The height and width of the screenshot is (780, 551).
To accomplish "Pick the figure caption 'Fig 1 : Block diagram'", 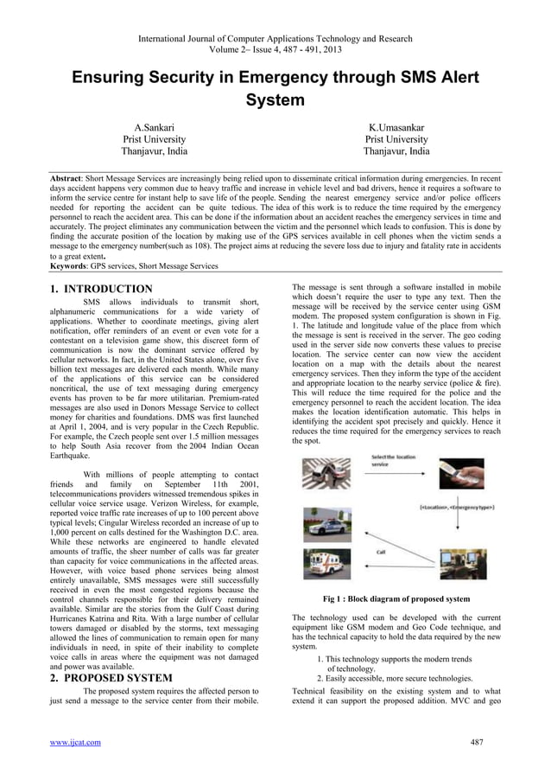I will click(396, 598).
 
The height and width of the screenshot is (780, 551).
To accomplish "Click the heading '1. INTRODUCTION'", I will click(100, 289).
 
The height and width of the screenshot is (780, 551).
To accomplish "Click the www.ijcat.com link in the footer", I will click(74, 742).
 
